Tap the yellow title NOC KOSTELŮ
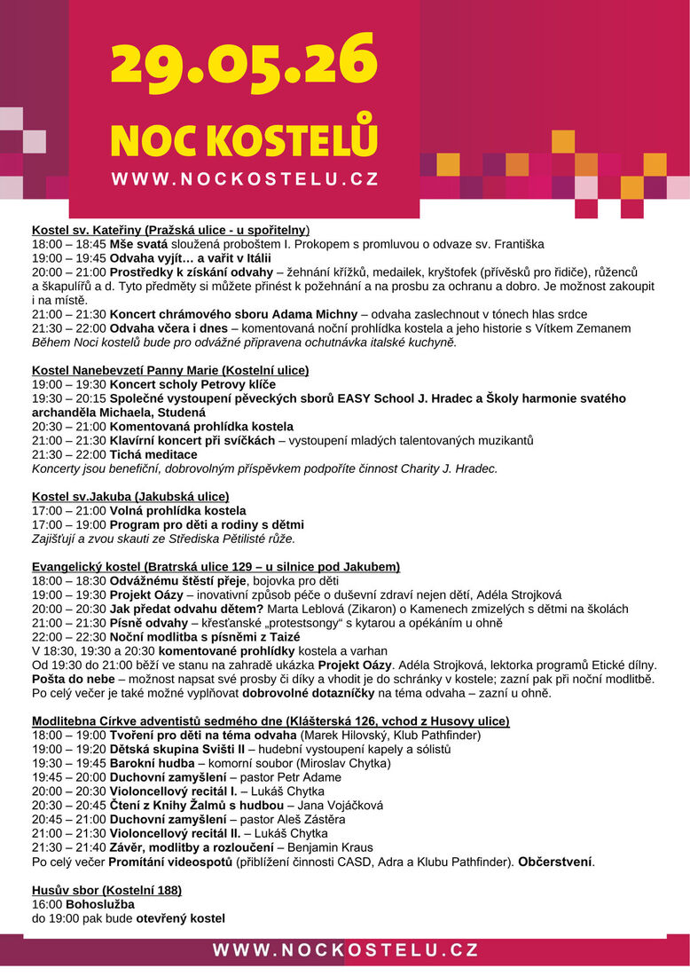point(244,140)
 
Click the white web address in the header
point(245,179)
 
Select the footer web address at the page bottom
point(346,950)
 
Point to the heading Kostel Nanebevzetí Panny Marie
point(170,370)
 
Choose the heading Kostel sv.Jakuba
point(130,496)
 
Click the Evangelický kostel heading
point(216,566)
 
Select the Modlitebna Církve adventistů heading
point(271,720)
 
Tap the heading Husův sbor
point(106,890)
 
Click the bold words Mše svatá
point(138,243)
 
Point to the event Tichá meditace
point(153,454)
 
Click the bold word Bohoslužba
point(106,904)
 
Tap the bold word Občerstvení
point(556,862)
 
